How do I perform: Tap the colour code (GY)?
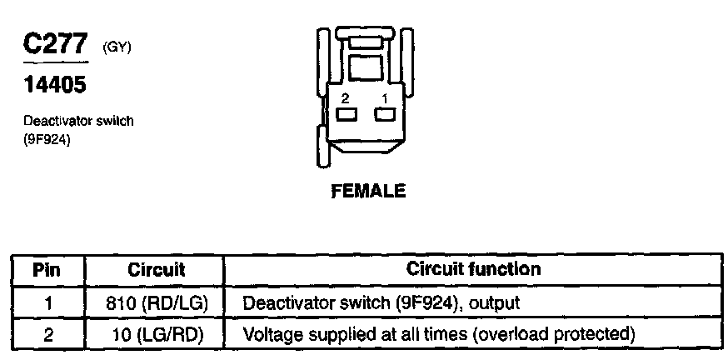click(x=117, y=47)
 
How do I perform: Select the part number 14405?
click(x=55, y=84)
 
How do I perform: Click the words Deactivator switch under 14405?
click(x=78, y=121)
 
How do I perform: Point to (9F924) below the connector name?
click(x=47, y=140)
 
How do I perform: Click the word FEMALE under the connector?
click(x=368, y=191)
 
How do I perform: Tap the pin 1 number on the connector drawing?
click(x=385, y=98)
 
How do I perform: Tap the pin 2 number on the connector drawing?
click(x=346, y=98)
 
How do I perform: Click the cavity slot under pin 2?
click(x=347, y=114)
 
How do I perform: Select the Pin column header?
click(x=47, y=270)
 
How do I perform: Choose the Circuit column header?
click(x=157, y=270)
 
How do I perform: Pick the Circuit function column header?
click(x=473, y=269)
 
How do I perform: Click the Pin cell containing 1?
click(x=47, y=302)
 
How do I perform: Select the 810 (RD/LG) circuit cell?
click(x=157, y=302)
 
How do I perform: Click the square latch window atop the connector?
click(x=364, y=66)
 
